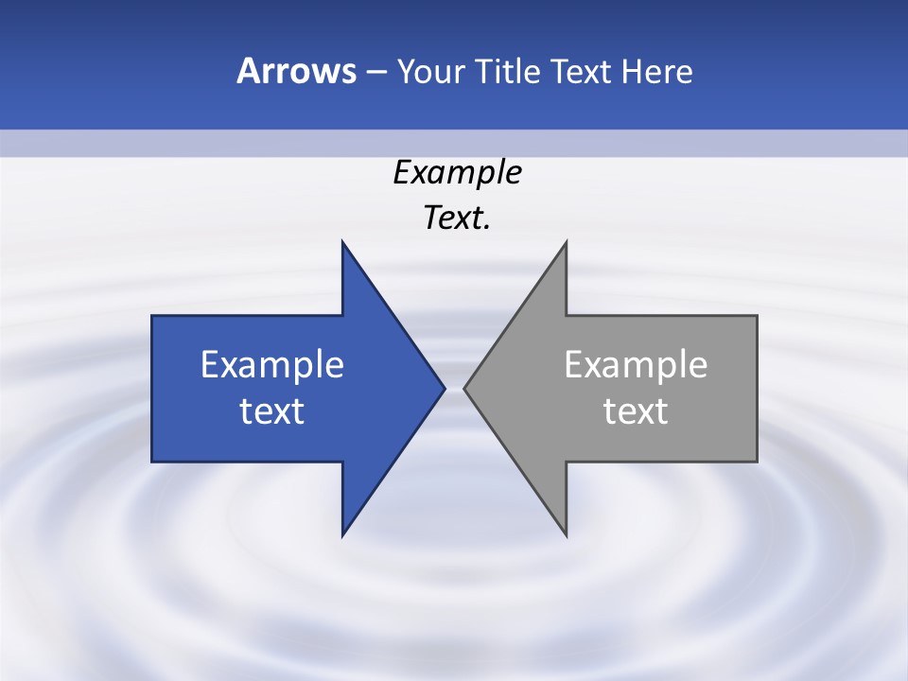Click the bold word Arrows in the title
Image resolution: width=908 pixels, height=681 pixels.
pos(296,71)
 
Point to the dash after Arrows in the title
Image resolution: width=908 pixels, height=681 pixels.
pos(376,72)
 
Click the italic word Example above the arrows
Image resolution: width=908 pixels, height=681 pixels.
pos(457,172)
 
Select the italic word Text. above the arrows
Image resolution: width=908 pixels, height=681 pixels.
pos(457,218)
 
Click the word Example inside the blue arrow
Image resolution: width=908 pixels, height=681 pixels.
pos(272,364)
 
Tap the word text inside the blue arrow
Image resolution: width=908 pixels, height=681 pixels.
pos(272,410)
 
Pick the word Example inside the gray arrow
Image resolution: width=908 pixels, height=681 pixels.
pos(636,364)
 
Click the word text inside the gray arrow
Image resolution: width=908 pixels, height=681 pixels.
pos(636,410)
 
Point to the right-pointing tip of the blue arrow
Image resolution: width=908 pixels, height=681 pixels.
pos(444,388)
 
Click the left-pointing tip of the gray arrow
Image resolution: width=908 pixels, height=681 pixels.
pos(465,388)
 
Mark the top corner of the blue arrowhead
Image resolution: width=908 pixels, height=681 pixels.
pos(342,243)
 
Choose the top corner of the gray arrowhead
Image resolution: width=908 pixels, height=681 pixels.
pos(566,243)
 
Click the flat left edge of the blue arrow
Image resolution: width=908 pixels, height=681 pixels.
pos(152,388)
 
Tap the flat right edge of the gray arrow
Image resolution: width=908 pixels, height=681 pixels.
pos(757,388)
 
